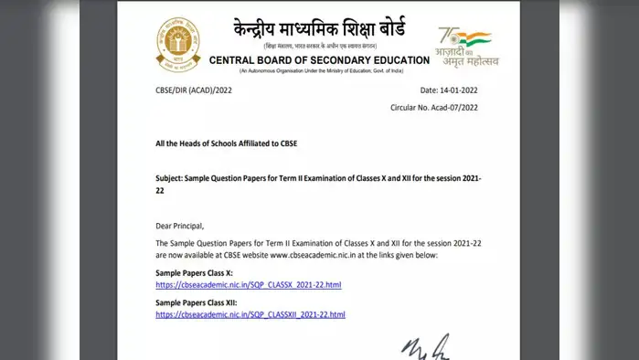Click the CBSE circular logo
point(178,43)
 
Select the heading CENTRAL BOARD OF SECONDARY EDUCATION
point(319,60)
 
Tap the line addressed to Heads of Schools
point(227,143)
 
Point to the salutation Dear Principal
point(180,226)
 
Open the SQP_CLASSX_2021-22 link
point(248,285)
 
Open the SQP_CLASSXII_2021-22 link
point(250,314)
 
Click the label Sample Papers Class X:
point(195,273)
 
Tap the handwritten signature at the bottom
point(425,348)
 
